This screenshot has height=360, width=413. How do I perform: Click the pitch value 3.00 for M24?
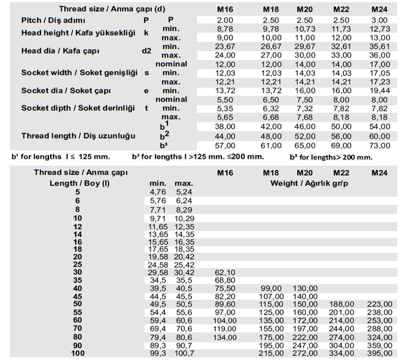coord(379,20)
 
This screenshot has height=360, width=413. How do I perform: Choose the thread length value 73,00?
coord(379,146)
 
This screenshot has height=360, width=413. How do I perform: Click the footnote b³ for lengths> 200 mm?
coord(330,157)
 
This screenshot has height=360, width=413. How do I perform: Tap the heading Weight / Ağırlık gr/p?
coord(308,183)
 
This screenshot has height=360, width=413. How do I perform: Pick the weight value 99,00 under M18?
coord(273,288)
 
